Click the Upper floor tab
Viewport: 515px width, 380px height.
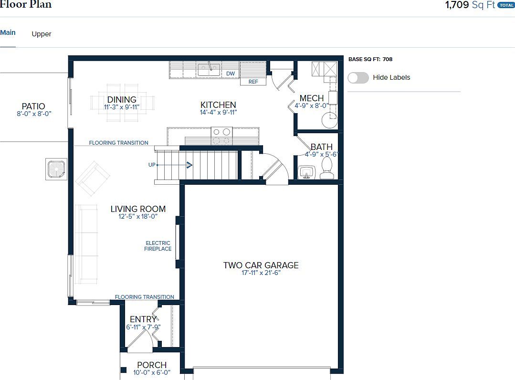[42, 34]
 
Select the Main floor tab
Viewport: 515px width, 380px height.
[8, 32]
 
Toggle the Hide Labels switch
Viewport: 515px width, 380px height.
[358, 77]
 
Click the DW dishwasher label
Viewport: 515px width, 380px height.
[231, 74]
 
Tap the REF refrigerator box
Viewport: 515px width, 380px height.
[253, 82]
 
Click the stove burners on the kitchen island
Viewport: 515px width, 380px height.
[221, 136]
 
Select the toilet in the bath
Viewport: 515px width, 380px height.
[327, 168]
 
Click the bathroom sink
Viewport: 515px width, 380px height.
[306, 171]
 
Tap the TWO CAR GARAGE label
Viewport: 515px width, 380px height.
[261, 265]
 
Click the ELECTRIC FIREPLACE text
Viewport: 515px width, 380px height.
[158, 246]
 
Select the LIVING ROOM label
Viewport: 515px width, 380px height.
[138, 209]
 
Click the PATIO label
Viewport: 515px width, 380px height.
[33, 106]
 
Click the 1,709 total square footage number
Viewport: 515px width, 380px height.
[457, 5]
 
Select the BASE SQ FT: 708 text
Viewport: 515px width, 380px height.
[370, 59]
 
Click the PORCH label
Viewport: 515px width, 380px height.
[152, 365]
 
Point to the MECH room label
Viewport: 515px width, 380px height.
[312, 98]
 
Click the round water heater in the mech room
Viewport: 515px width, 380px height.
[329, 120]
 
